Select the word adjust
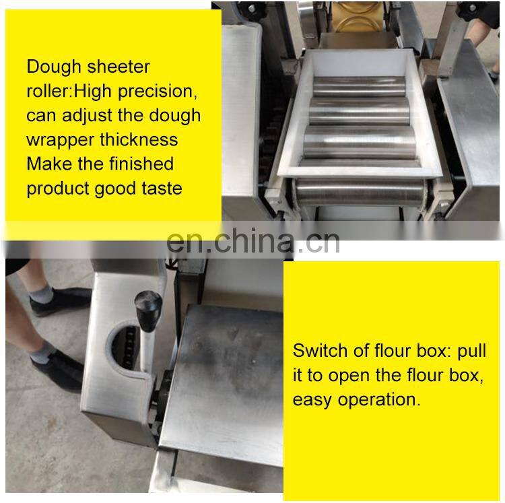point(83,115)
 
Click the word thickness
point(138,139)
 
